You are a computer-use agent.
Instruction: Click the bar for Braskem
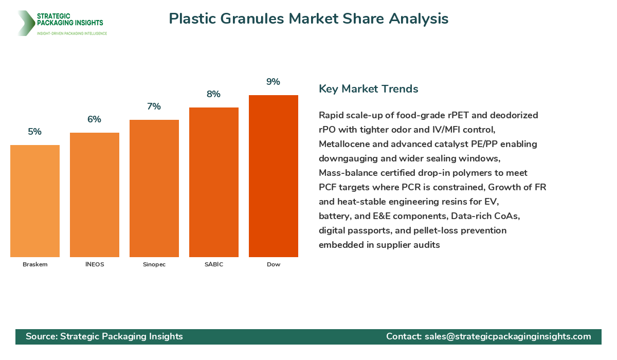click(35, 201)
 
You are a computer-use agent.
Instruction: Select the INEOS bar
click(95, 195)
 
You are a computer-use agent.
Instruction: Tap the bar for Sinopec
click(154, 188)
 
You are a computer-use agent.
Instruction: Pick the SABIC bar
click(214, 182)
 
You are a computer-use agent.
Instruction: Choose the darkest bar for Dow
click(274, 176)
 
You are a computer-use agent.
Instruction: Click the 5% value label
click(35, 132)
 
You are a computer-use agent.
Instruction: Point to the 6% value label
click(95, 119)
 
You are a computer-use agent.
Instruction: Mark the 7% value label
click(154, 106)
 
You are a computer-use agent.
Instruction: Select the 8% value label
click(214, 94)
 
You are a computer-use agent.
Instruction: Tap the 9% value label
click(274, 82)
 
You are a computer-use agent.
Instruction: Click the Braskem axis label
click(35, 264)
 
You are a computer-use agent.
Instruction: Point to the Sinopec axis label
click(154, 264)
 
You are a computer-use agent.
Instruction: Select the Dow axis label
click(274, 264)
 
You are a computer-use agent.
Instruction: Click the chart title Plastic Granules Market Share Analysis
click(308, 19)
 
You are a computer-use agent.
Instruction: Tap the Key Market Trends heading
click(368, 89)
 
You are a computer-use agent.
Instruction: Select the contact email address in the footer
click(507, 336)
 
